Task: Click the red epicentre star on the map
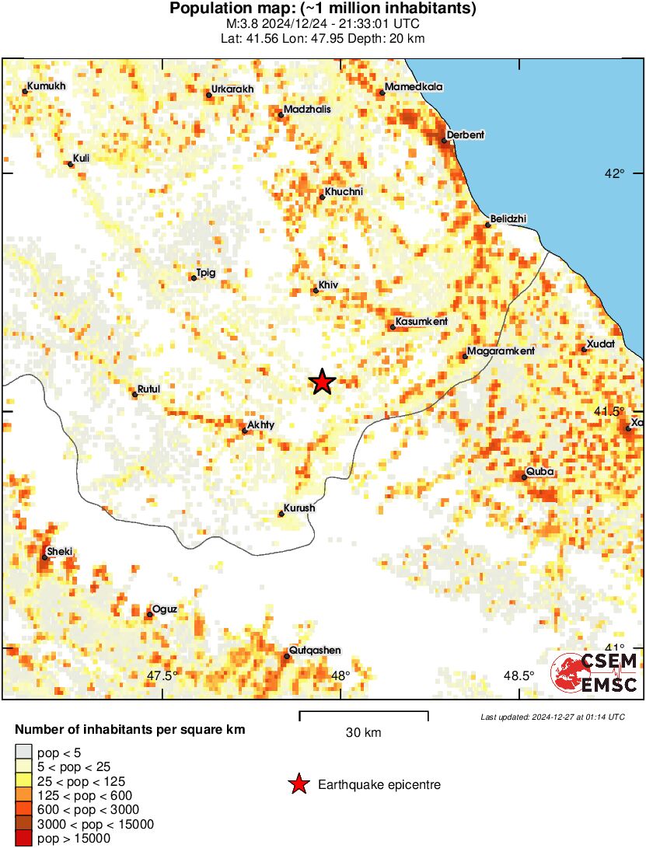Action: [x=322, y=382]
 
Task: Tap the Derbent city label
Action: [x=466, y=135]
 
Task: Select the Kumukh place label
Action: [x=47, y=86]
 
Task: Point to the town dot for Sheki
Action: [x=44, y=557]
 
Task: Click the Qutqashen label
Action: [x=315, y=651]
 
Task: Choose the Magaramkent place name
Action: [x=501, y=351]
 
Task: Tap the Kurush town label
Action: [x=299, y=508]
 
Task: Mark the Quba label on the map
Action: [x=539, y=471]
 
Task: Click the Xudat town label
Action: [x=601, y=344]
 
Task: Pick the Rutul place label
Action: [x=148, y=389]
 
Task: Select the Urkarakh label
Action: [x=232, y=89]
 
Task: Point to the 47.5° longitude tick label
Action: [x=162, y=675]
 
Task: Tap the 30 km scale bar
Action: [x=363, y=712]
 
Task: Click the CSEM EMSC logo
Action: [x=594, y=672]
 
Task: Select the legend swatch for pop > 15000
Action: [x=24, y=839]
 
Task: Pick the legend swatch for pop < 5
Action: [x=24, y=752]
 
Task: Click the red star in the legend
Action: [x=298, y=785]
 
